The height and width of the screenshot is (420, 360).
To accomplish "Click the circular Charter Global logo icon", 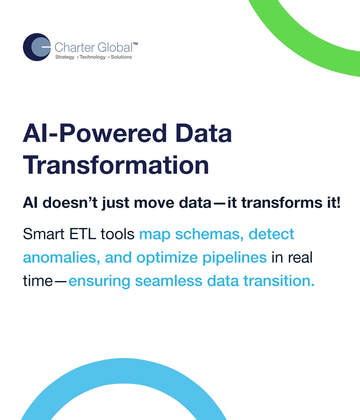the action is tap(37, 47).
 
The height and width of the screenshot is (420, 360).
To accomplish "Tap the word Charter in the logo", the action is tap(75, 47).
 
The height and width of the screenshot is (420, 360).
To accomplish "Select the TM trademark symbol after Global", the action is tap(136, 44).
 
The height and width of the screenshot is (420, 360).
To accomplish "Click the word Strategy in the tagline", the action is tap(65, 57).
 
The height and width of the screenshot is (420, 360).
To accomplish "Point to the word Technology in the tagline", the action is tap(93, 57).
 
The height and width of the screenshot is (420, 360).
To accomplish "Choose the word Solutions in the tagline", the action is tap(121, 57).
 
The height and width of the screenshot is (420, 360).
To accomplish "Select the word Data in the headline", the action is tap(204, 133).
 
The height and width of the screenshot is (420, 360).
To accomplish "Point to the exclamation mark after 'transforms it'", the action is tap(338, 202).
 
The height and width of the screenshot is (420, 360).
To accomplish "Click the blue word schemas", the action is tap(209, 234).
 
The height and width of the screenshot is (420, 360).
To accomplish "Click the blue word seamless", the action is tap(169, 281).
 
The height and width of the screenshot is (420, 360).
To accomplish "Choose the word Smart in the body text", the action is tap(44, 234).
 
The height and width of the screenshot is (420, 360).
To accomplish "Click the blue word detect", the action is tap(271, 234).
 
